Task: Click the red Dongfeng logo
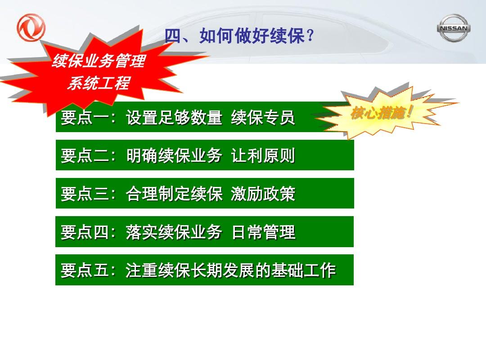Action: [x=31, y=27]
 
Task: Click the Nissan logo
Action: [x=454, y=28]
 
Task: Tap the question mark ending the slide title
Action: [x=310, y=36]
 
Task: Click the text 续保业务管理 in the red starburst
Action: [x=99, y=61]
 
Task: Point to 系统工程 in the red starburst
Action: [x=99, y=83]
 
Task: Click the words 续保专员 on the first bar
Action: [x=263, y=118]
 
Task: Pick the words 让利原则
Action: [x=263, y=155]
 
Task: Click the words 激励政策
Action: [x=263, y=194]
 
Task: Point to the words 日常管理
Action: [x=263, y=232]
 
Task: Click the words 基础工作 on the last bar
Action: [x=304, y=270]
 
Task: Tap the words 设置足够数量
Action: [x=174, y=118]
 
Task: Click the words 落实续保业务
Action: [x=174, y=232]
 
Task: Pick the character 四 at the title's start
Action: [x=173, y=36]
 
